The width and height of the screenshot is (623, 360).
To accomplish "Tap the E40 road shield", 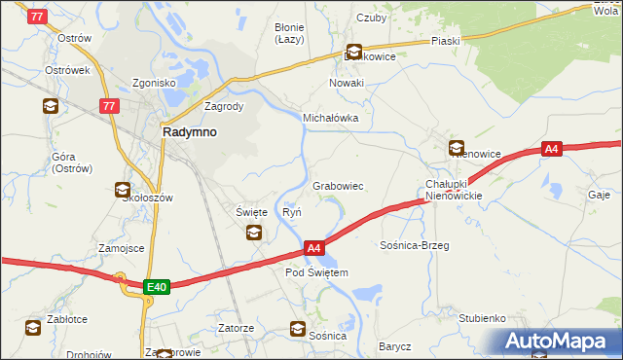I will click(156, 286).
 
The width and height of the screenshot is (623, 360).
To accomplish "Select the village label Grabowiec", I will click(338, 185).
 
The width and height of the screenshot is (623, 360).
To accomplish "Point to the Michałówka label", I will click(331, 118).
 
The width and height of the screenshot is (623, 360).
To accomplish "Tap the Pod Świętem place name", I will click(316, 272).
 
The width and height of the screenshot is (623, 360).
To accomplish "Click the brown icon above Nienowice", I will click(457, 148).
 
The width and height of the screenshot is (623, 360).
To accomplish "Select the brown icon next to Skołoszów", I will click(123, 190).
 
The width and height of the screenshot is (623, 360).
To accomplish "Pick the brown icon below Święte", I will click(253, 232).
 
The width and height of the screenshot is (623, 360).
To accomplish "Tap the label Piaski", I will click(446, 42).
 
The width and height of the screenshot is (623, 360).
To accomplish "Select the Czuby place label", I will click(372, 17).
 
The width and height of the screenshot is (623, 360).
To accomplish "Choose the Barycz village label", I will click(395, 346).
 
